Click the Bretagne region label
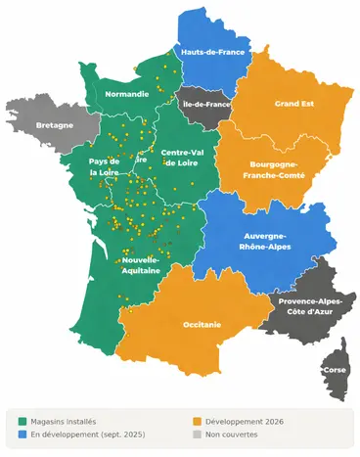[x=54, y=126]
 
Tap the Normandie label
[x=127, y=94]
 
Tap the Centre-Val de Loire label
[x=183, y=159]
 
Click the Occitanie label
[x=202, y=324]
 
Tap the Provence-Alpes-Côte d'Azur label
[x=310, y=307]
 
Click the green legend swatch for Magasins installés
[x=22, y=421]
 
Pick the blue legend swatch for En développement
[x=22, y=434]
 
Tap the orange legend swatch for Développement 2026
[x=198, y=421]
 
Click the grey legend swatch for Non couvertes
[x=198, y=434]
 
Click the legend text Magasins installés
[x=64, y=421]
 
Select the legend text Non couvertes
[x=234, y=434]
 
